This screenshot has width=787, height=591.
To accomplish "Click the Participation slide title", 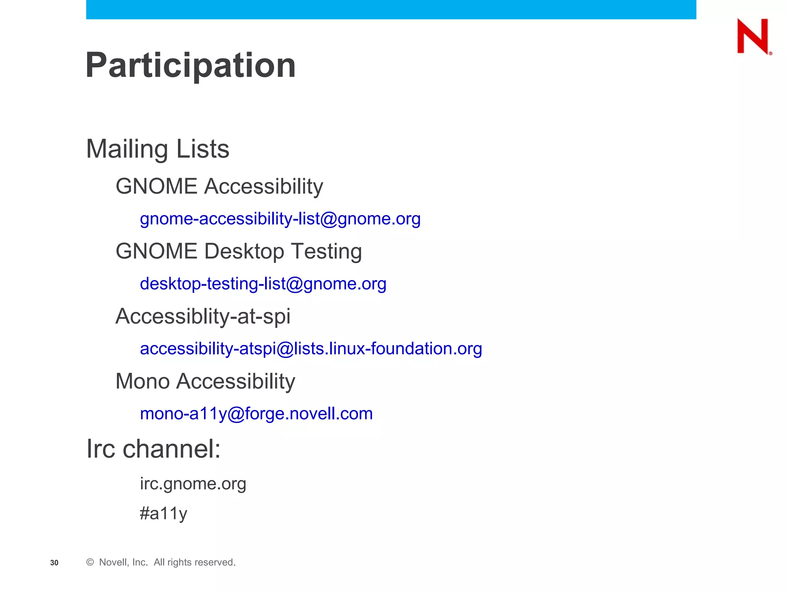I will click(x=191, y=65).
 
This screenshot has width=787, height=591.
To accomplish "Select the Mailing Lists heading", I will click(x=158, y=149).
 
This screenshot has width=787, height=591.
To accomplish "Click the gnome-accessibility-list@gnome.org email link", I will click(x=280, y=219).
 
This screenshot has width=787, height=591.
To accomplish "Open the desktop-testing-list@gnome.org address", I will click(x=263, y=284).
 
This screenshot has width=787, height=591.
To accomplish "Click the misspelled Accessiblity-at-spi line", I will click(x=203, y=316).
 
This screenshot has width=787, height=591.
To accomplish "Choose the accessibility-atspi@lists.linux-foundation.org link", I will click(x=310, y=349).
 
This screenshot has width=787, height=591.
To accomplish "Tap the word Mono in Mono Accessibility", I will click(x=143, y=381).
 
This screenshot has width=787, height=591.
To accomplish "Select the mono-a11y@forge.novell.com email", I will click(x=256, y=414).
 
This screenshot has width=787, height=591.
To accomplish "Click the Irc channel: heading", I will click(x=153, y=449).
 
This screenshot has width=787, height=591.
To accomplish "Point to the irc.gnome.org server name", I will click(x=193, y=484).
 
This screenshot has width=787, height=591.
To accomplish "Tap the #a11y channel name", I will click(x=163, y=513).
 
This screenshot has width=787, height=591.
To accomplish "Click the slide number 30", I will click(x=54, y=563).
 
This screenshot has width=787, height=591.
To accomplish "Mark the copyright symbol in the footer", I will click(x=90, y=562).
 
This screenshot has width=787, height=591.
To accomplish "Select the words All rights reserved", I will click(x=194, y=562).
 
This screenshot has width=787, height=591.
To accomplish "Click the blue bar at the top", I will click(x=391, y=9).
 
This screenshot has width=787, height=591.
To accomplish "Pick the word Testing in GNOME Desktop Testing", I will click(x=326, y=251).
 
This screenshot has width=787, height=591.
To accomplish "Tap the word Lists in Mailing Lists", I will click(x=203, y=149).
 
